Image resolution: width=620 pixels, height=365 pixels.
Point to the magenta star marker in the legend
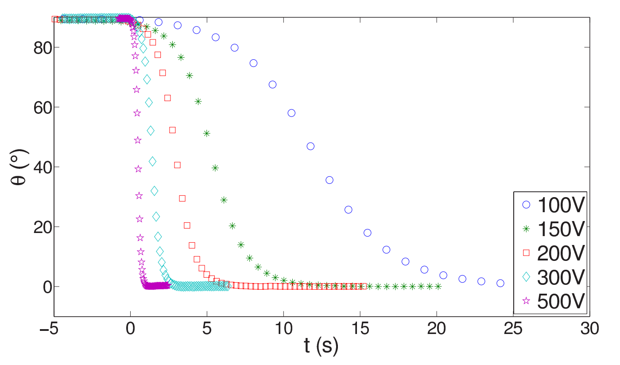(526, 301)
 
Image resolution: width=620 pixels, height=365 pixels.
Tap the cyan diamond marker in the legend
(526, 277)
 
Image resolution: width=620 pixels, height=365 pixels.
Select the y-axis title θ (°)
(19, 167)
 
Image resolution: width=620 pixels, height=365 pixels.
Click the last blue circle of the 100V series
(500, 283)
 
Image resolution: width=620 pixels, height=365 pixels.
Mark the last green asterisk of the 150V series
(438, 286)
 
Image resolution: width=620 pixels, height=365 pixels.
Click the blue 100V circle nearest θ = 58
(291, 113)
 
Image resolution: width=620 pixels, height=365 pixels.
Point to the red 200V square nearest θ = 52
(172, 130)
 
